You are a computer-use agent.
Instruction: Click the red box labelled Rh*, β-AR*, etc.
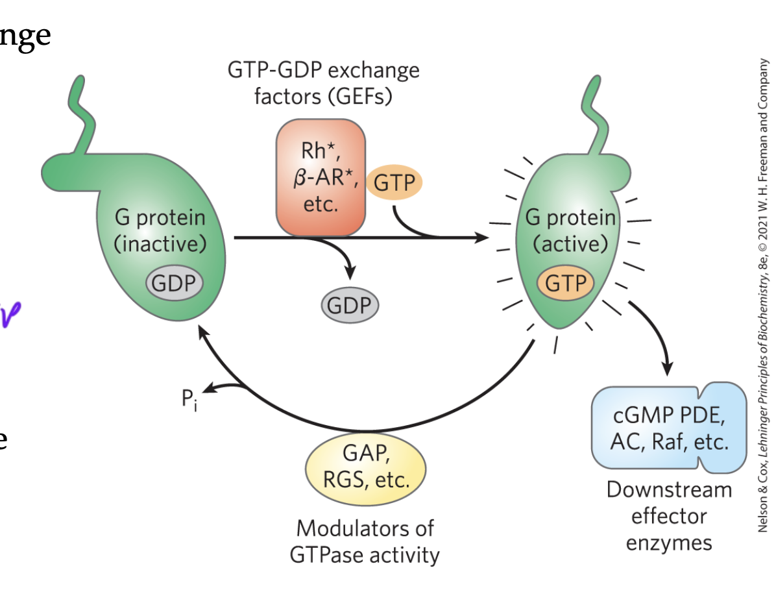pyautogui.click(x=321, y=177)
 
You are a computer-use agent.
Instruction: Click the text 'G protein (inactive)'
pyautogui.click(x=160, y=230)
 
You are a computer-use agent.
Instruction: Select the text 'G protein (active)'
pyautogui.click(x=570, y=230)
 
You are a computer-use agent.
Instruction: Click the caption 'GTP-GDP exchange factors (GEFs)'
pyautogui.click(x=323, y=83)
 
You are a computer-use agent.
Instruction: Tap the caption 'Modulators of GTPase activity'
pyautogui.click(x=365, y=542)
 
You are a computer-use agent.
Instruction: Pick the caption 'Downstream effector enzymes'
pyautogui.click(x=669, y=516)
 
